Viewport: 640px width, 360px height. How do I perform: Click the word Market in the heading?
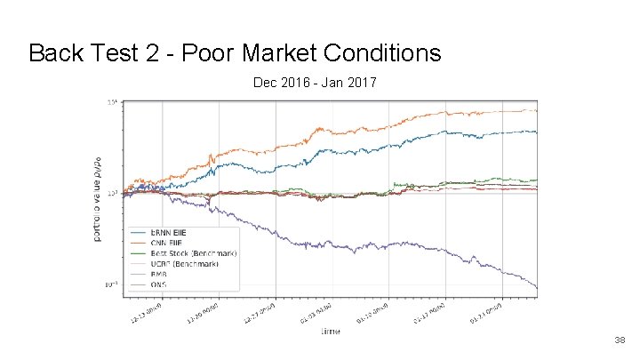pyautogui.click(x=276, y=53)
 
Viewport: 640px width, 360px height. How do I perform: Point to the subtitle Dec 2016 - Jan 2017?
pyautogui.click(x=315, y=84)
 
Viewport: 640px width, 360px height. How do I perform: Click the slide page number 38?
pyautogui.click(x=620, y=340)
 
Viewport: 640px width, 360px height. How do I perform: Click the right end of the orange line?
pyautogui.click(x=536, y=110)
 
